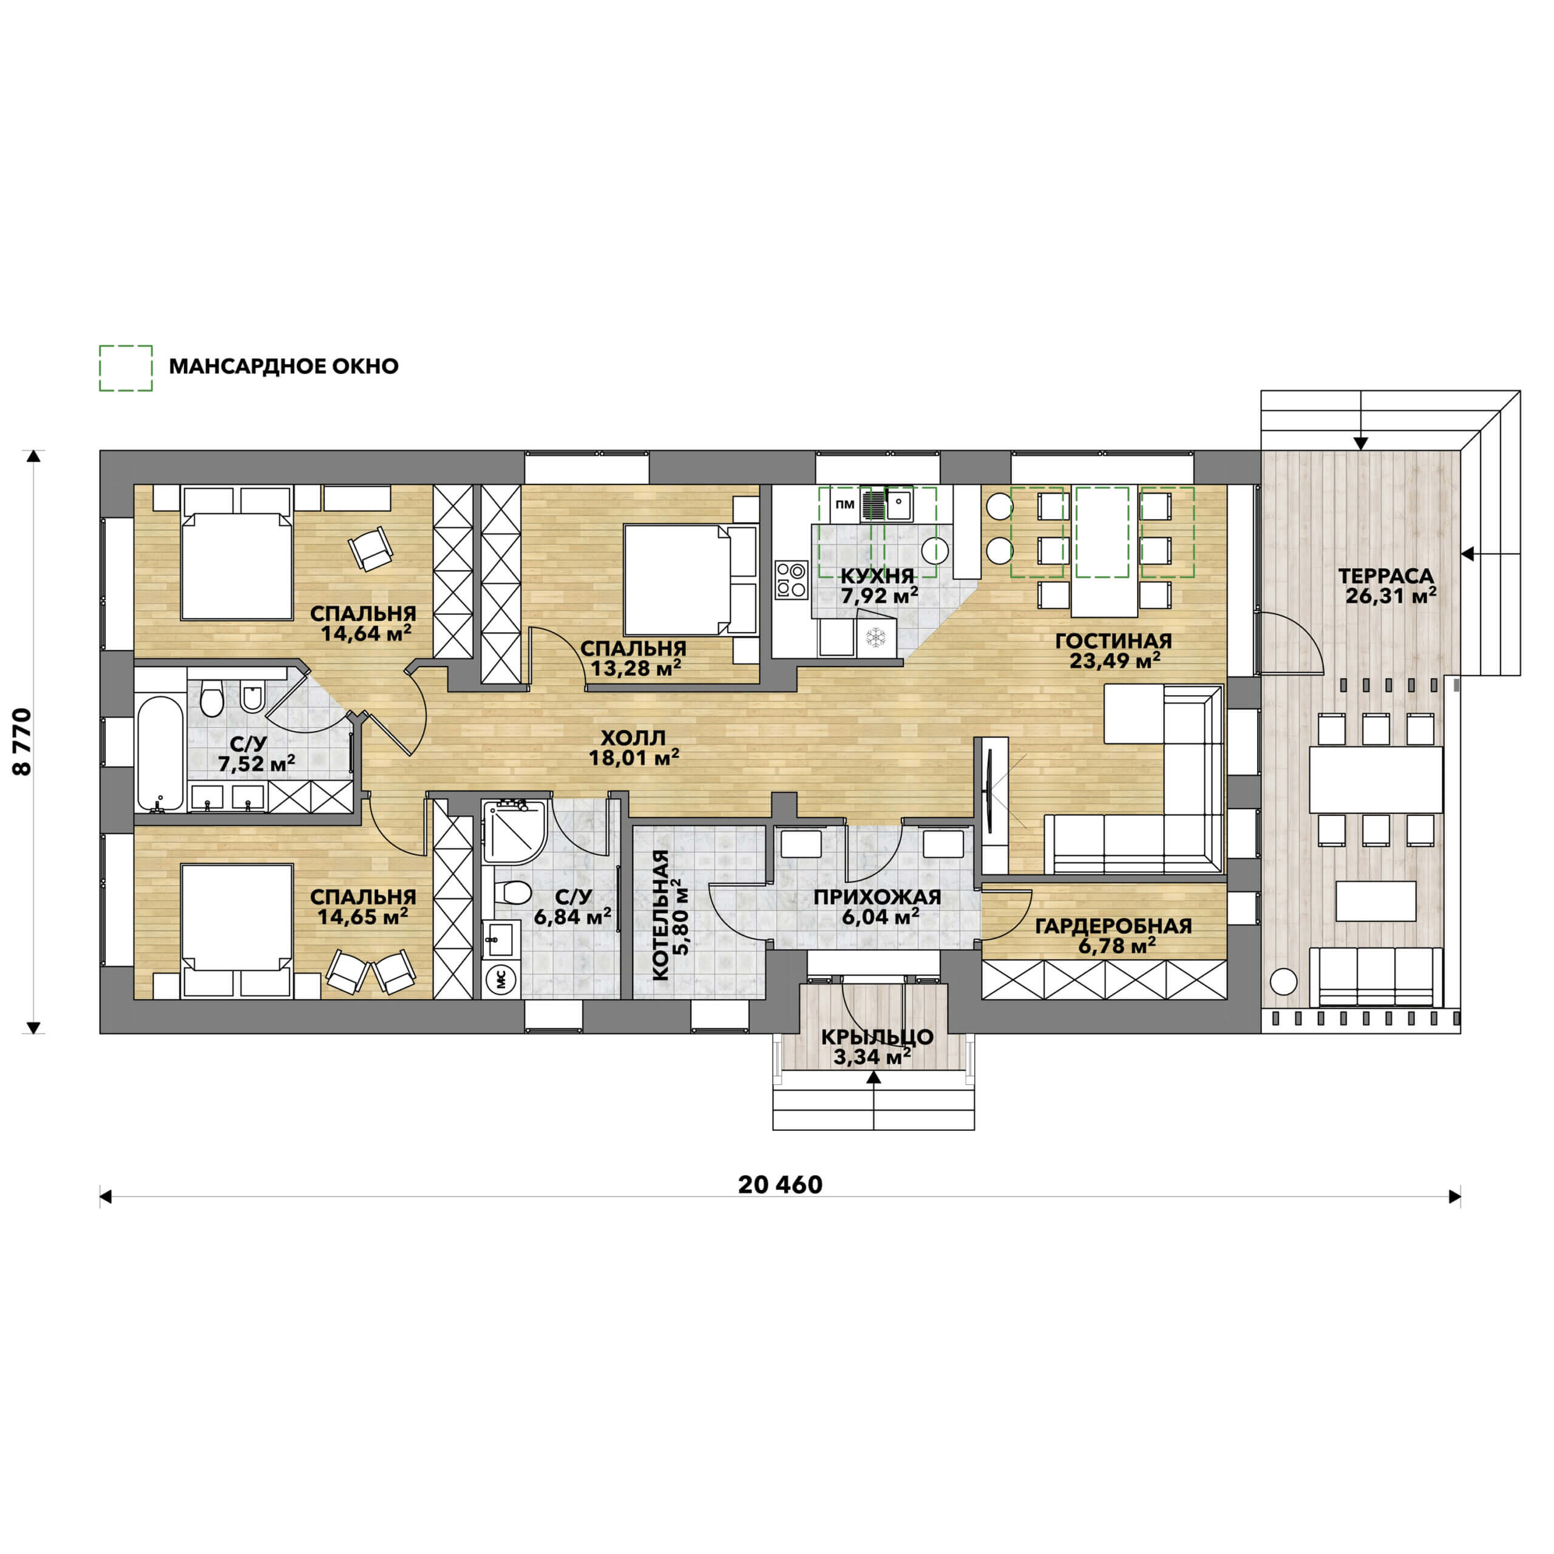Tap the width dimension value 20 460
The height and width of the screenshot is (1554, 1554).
tap(780, 1185)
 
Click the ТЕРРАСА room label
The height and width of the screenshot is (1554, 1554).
tap(1386, 576)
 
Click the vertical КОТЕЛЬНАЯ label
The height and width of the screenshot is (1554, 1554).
tap(660, 915)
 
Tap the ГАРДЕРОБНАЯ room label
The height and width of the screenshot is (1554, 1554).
tap(1113, 926)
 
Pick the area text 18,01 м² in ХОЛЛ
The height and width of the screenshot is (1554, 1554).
tap(634, 757)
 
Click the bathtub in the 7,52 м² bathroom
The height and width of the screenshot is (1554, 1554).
tap(160, 753)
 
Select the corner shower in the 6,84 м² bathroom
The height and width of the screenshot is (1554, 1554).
tap(515, 832)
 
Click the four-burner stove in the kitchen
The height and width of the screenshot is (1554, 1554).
tap(792, 580)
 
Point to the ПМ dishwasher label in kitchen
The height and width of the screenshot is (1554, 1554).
tap(844, 504)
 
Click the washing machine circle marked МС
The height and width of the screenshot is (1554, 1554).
tap(502, 979)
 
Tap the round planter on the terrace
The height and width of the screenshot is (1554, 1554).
tap(1284, 982)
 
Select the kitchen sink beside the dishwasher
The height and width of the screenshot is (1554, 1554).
tap(898, 504)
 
